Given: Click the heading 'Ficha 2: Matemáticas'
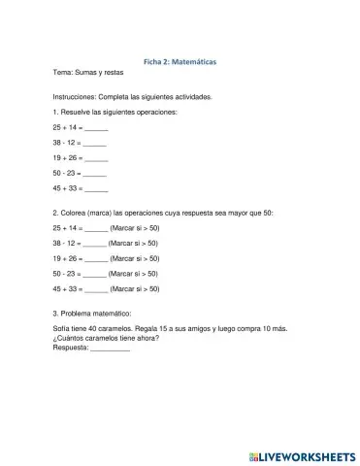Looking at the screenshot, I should coord(180,60).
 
